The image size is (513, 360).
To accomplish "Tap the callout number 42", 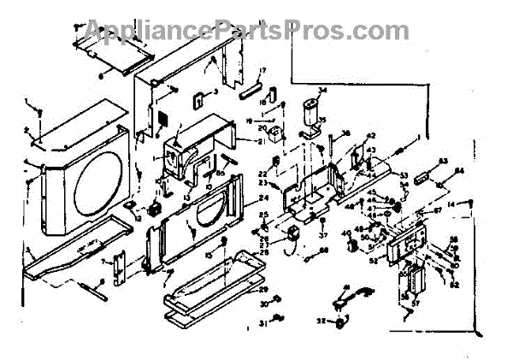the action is tap(371, 136).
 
